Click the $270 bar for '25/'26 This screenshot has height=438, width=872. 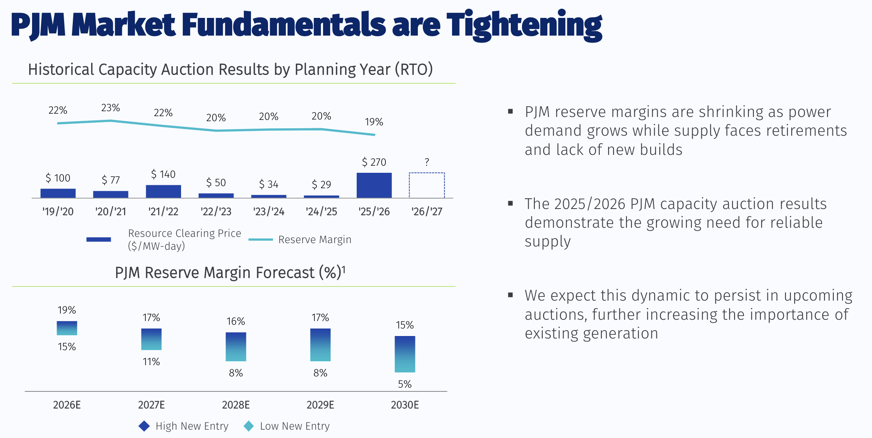tap(374, 185)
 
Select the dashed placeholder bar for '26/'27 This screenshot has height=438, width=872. tap(427, 185)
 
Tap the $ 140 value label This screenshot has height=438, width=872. tap(163, 174)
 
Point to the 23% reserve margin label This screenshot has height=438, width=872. tap(110, 108)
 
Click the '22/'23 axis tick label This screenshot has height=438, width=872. tap(216, 212)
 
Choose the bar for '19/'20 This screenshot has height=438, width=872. tap(58, 193)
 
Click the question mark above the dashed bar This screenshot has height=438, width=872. tap(427, 162)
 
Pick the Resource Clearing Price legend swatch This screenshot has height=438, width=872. tap(99, 239)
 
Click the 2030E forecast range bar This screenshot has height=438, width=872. tap(405, 354)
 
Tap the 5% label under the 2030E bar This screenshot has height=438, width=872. tap(405, 384)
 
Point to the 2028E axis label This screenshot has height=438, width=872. tap(236, 405)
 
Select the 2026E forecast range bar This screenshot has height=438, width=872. tap(67, 328)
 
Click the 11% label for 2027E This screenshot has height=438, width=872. tap(151, 361)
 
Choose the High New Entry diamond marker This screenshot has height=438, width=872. tap(144, 426)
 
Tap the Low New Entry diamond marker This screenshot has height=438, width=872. tap(248, 426)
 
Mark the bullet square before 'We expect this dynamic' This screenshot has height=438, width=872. tap(510, 295)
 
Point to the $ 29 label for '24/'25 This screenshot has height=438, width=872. tap(321, 184)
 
